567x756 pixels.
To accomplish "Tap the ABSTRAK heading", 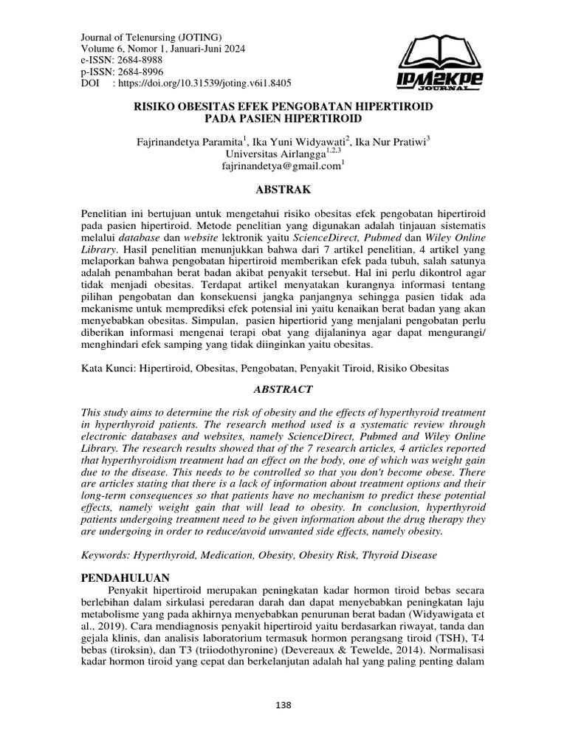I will [283, 189].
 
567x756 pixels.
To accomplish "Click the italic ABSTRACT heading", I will [283, 389].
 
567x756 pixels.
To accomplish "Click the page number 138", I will [283, 705].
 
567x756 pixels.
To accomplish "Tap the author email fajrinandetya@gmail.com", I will [281, 167].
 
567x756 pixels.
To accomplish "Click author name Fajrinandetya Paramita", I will [191, 142].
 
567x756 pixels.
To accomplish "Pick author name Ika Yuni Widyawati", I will [300, 142].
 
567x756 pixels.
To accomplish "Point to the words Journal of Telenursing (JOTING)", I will [151, 37].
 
